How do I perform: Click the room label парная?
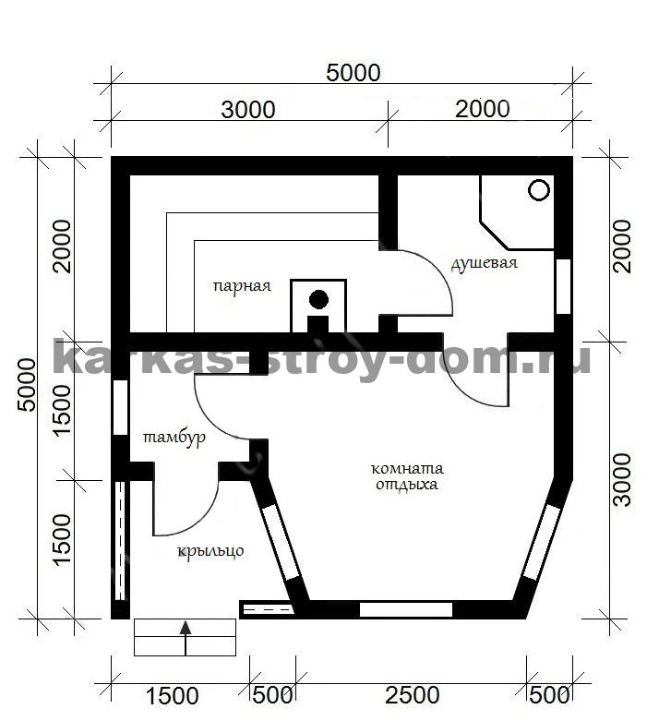pyautogui.click(x=242, y=286)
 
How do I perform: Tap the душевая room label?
pyautogui.click(x=484, y=263)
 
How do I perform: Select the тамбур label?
pyautogui.click(x=174, y=438)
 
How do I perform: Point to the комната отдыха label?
pyautogui.click(x=407, y=476)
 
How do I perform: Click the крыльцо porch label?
pyautogui.click(x=210, y=550)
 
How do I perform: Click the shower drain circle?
pyautogui.click(x=539, y=190)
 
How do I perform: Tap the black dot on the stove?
pyautogui.click(x=318, y=299)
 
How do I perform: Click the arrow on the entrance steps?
pyautogui.click(x=186, y=638)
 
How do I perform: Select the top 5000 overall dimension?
pyautogui.click(x=353, y=73)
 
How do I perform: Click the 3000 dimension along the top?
pyautogui.click(x=248, y=110)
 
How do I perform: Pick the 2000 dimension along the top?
pyautogui.click(x=483, y=109)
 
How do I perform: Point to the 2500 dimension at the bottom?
pyautogui.click(x=412, y=695)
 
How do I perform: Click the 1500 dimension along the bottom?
pyautogui.click(x=172, y=696)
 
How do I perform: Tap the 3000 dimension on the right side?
pyautogui.click(x=622, y=480)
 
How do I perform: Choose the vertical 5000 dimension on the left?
pyautogui.click(x=26, y=385)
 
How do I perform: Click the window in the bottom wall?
pyautogui.click(x=405, y=609)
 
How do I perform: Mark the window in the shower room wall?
pyautogui.click(x=563, y=286)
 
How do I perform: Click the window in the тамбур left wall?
pyautogui.click(x=121, y=407)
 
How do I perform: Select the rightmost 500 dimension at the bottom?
pyautogui.click(x=549, y=695)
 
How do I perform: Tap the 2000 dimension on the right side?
pyautogui.click(x=622, y=246)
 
